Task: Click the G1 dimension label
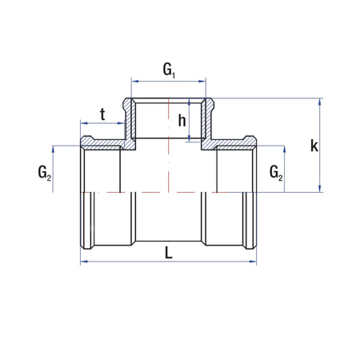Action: pyautogui.click(x=170, y=70)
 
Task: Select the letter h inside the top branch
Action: pyautogui.click(x=182, y=121)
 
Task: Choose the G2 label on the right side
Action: pyautogui.click(x=275, y=171)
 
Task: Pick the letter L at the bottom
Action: pyautogui.click(x=168, y=252)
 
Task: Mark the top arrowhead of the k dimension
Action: pyautogui.click(x=321, y=102)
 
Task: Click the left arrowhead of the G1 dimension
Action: pyautogui.click(x=134, y=81)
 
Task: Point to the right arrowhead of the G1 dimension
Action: pyautogui.click(x=206, y=81)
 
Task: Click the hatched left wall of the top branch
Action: pyautogui.click(x=128, y=120)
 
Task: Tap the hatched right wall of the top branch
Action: pyautogui.click(x=211, y=120)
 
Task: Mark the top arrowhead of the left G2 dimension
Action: pyautogui.click(x=54, y=148)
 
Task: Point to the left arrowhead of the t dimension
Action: pyautogui.click(x=82, y=125)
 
